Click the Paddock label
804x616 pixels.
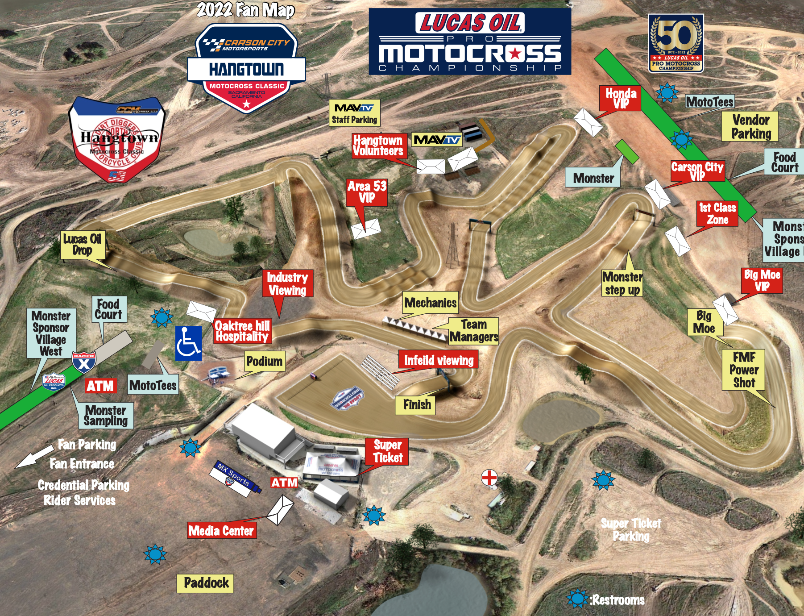tap(205, 583)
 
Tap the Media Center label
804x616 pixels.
tap(221, 530)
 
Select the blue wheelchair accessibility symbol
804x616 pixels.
tap(188, 343)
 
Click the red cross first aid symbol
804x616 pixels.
tap(489, 478)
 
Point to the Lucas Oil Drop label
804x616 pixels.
tap(83, 245)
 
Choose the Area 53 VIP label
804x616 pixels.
tap(367, 192)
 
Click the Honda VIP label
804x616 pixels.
tap(621, 98)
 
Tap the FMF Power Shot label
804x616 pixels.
tap(744, 370)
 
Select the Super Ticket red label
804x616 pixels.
tap(387, 451)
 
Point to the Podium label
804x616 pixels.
tap(265, 361)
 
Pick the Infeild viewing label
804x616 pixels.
tap(439, 360)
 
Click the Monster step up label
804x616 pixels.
tap(622, 283)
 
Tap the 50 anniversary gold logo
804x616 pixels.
tap(676, 43)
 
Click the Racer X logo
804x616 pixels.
tap(83, 362)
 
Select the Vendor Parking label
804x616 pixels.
tap(750, 126)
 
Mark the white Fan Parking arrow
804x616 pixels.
tap(34, 457)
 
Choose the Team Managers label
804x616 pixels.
tap(473, 331)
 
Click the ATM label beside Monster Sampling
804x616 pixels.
tap(100, 386)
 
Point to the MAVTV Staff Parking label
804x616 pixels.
tap(354, 113)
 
